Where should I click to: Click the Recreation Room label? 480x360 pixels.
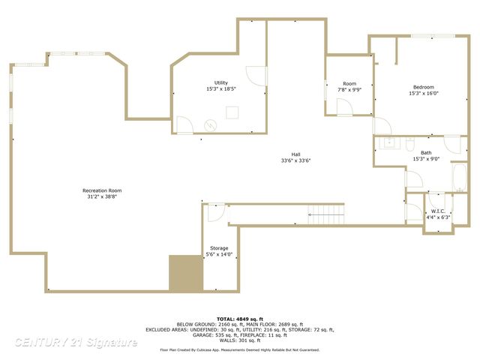tap(101, 190)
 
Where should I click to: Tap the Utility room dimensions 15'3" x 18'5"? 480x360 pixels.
tap(221, 89)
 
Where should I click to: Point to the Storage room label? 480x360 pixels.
tap(219, 248)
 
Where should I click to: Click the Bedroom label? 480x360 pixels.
tap(423, 87)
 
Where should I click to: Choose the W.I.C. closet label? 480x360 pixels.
tap(438, 211)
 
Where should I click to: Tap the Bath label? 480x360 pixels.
tap(426, 152)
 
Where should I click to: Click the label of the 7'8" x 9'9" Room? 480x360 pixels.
tap(349, 83)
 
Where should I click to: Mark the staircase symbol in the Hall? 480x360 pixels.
tap(326, 217)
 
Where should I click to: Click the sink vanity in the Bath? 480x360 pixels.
tap(390, 142)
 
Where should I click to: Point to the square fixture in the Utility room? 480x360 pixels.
tap(232, 112)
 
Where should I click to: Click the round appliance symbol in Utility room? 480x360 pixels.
tap(211, 125)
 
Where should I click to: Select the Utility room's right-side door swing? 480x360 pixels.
tap(256, 75)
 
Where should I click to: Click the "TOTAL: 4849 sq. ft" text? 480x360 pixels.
tap(239, 319)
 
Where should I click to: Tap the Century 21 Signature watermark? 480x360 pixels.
tap(75, 343)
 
